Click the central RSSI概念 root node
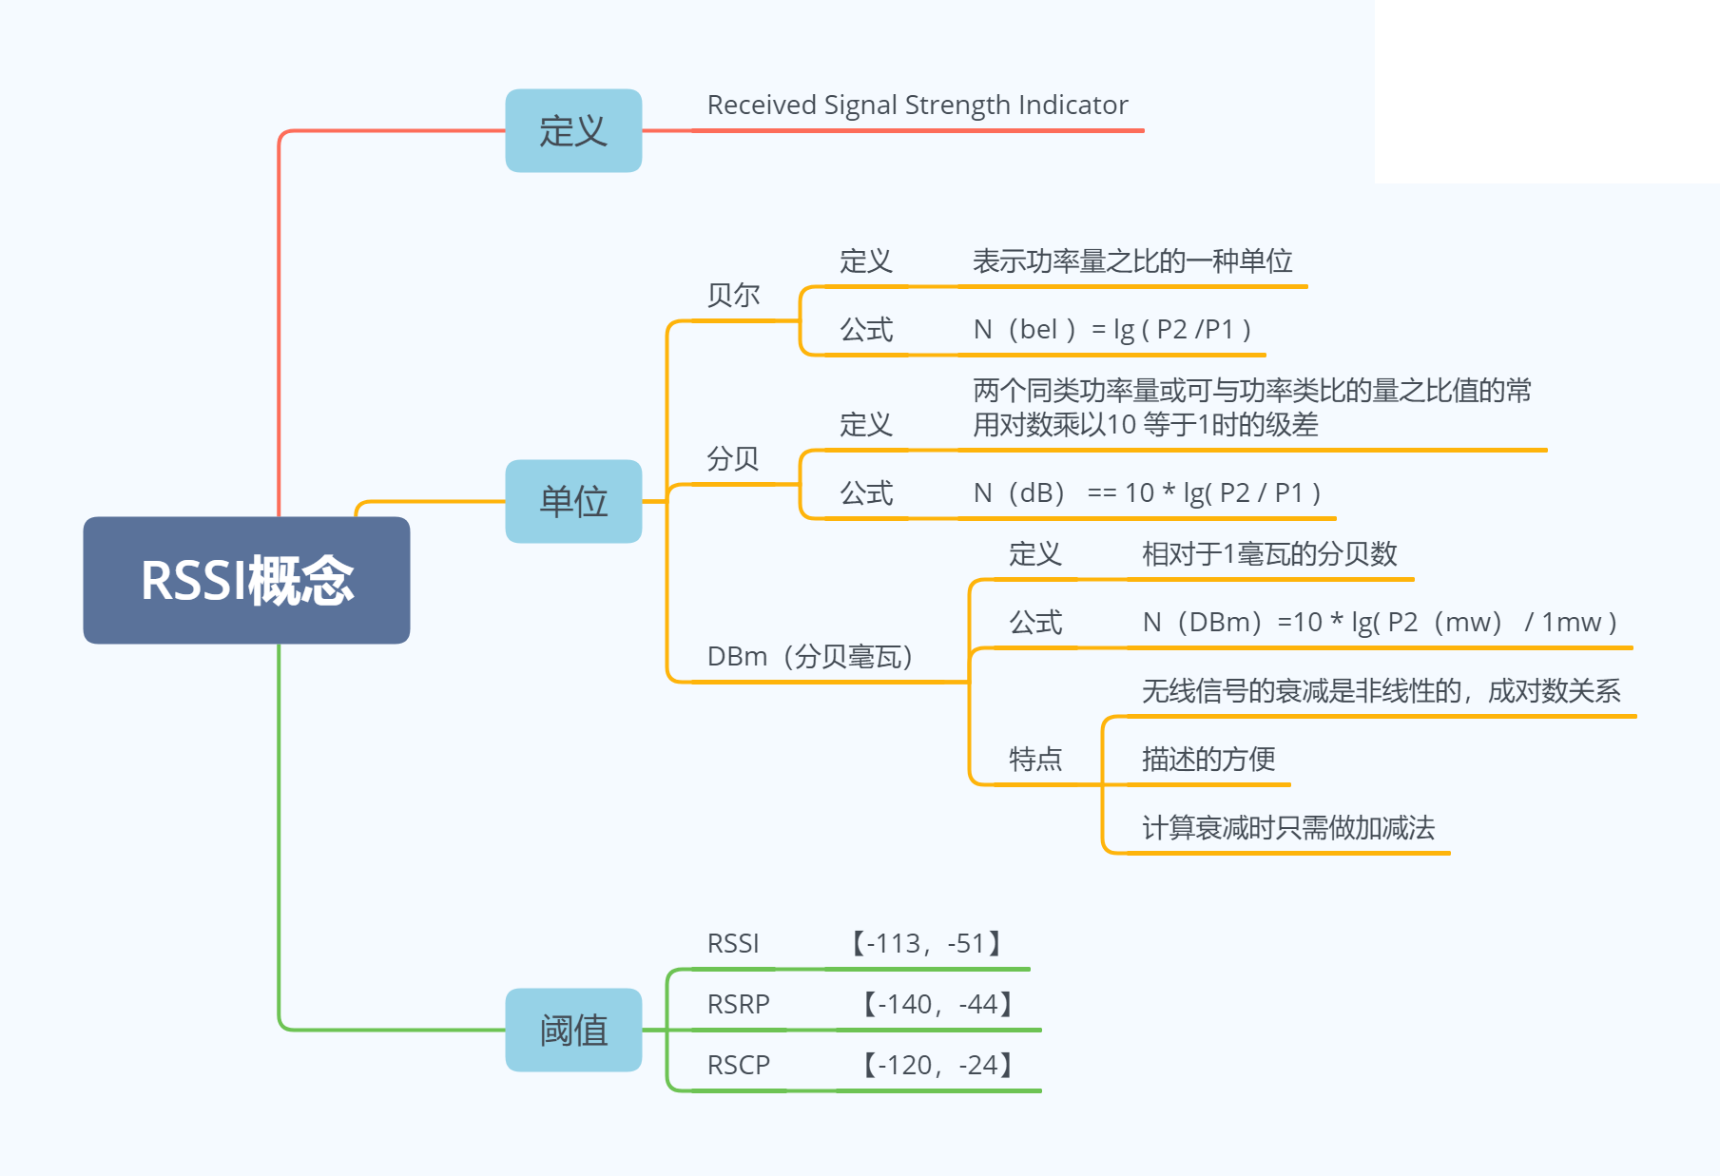246,580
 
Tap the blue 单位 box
573,501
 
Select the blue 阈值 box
573,1030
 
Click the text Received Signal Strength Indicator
918,105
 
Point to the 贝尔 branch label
733,296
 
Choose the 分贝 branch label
733,459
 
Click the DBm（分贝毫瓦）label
810,656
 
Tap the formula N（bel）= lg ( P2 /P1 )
1111,329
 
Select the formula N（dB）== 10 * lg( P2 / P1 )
1147,492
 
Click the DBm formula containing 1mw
1380,622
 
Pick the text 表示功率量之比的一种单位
1132,260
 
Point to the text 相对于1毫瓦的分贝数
1269,553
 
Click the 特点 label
1035,759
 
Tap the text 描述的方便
1208,759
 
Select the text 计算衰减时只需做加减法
1288,827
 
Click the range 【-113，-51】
926,943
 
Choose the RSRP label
739,1004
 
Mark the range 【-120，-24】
937,1065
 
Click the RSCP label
739,1065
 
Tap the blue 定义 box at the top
573,130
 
